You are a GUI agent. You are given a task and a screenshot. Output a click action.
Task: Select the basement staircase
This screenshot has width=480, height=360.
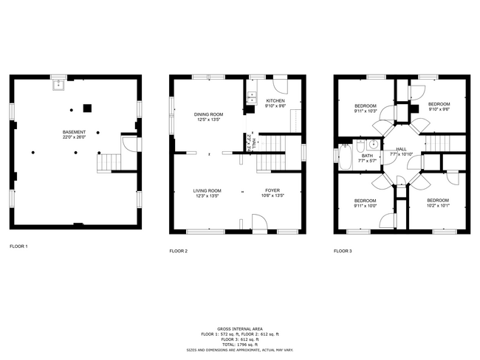pos(110,160)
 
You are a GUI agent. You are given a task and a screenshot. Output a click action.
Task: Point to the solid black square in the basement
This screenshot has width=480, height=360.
pos(87,108)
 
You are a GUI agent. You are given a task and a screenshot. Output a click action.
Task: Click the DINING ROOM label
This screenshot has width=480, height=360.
pos(208,114)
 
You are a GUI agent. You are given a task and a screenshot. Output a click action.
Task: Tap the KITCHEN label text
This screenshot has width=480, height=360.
pos(275,101)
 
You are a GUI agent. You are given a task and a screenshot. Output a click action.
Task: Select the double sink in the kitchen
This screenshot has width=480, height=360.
pos(251,95)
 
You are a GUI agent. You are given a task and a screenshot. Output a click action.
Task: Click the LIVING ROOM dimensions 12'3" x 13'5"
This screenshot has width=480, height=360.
pos(208,195)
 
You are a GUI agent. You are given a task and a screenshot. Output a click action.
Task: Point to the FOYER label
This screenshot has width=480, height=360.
pos(272,190)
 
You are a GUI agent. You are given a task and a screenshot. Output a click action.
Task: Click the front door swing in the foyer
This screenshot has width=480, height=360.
pos(259,222)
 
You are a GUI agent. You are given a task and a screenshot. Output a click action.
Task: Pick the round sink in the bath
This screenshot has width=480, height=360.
pos(373,145)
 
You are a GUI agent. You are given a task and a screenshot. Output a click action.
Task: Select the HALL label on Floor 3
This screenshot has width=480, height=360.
pos(401,149)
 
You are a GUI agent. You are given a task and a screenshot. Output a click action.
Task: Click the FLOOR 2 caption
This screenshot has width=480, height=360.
pos(179,251)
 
